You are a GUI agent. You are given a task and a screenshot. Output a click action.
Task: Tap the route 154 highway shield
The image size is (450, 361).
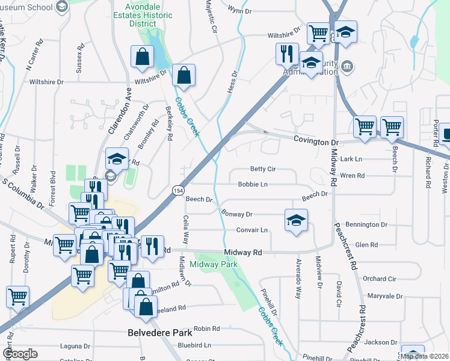click(x=179, y=190)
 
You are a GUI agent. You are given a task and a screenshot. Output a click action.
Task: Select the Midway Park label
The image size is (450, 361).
click(x=214, y=264)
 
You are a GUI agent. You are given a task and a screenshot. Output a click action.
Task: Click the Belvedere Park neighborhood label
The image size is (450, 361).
click(x=159, y=332)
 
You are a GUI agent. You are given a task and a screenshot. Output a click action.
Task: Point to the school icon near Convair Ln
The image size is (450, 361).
click(x=296, y=221)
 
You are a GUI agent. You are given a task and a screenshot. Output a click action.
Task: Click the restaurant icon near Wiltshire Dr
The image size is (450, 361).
click(x=287, y=53)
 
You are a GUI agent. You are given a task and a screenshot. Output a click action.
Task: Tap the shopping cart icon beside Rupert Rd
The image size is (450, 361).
click(x=17, y=296)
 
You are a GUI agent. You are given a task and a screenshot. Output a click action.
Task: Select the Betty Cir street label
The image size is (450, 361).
click(x=262, y=170)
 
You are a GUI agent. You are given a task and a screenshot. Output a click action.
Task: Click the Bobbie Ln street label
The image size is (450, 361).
click(x=252, y=184)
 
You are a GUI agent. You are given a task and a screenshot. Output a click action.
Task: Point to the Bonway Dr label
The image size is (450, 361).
click(x=236, y=214)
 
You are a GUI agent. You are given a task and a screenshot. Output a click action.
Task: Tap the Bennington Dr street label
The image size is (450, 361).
click(x=367, y=224)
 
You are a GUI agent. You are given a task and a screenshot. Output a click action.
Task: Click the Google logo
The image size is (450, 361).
click(x=20, y=354)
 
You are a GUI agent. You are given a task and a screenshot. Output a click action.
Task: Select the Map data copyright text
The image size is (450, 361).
click(x=425, y=356)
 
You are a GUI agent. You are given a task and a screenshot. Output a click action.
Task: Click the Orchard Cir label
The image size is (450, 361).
click(x=379, y=279)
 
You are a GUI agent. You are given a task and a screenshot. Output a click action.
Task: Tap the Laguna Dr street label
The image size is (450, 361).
click(x=75, y=347)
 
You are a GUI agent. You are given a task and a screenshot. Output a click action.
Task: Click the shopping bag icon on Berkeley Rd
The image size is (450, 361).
click(x=184, y=76)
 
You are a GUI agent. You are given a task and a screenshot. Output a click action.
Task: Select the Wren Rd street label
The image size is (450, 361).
click(x=353, y=176)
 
